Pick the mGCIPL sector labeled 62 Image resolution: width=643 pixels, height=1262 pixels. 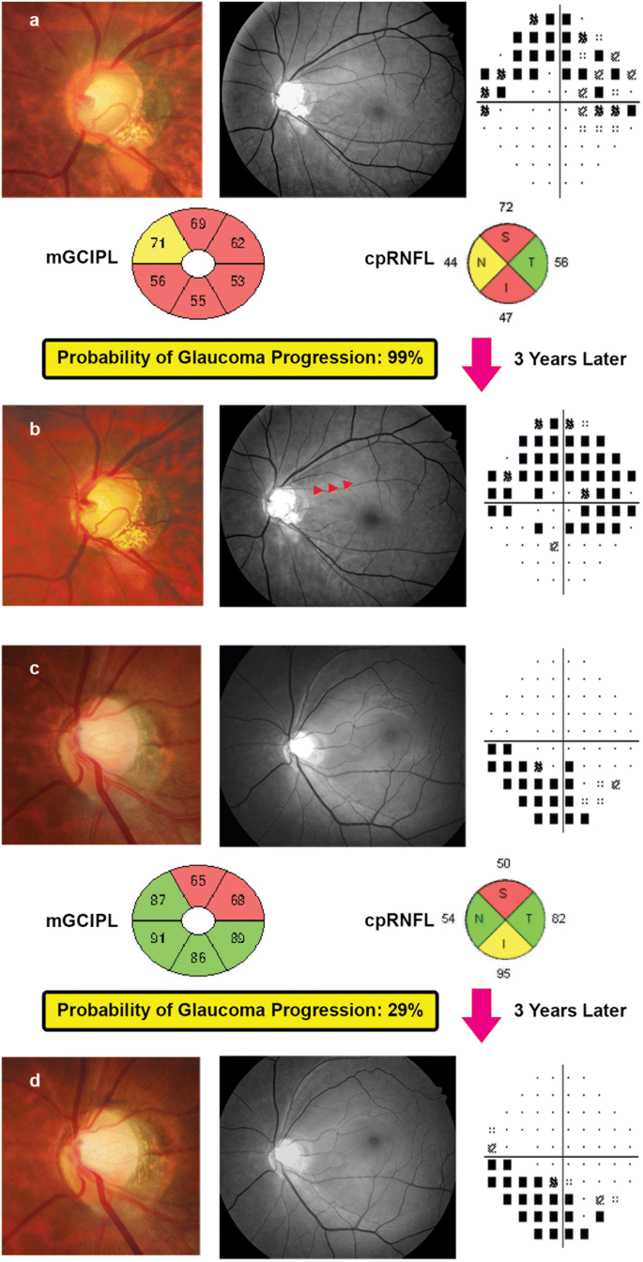pyautogui.click(x=237, y=244)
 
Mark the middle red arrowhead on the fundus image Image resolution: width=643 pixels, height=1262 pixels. pyautogui.click(x=332, y=488)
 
